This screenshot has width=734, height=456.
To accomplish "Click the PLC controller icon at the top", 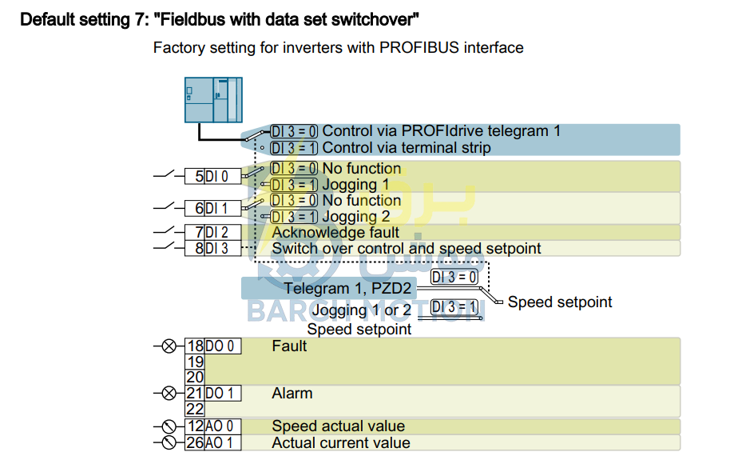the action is pos(213,100).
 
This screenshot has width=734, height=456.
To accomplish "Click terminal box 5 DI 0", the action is pos(213,176).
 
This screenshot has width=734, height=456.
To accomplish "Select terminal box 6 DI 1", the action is pos(213,208).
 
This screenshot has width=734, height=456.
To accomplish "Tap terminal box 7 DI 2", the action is pos(213,232).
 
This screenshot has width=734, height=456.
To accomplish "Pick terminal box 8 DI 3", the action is pos(213,248).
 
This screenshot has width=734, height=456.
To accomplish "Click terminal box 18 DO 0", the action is pos(213,346).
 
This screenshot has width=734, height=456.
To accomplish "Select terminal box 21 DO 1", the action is pos(213,394).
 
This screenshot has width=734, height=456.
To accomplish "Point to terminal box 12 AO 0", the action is pos(213,426).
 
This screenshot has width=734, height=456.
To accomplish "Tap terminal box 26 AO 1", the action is pos(213,442).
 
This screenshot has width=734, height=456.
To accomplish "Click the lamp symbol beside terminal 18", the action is pos(169,346).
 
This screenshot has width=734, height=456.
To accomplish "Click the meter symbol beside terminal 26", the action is pos(169,442).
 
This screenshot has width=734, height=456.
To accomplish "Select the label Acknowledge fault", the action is pos(335,233).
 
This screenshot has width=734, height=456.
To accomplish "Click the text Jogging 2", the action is pos(355,217).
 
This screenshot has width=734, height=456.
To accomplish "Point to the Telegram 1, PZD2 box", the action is pos(329,288).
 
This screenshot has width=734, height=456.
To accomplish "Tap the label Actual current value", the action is pos(341,443).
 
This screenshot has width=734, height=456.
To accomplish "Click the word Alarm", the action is pos(292,394).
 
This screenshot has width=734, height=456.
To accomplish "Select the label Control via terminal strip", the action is pos(407,148).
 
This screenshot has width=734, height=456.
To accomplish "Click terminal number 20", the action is pos(195,378).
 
